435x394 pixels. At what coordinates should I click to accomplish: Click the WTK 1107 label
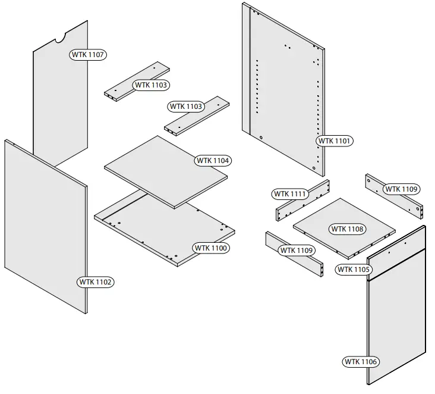pyautogui.click(x=88, y=55)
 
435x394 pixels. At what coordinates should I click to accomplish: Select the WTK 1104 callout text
pyautogui.click(x=213, y=160)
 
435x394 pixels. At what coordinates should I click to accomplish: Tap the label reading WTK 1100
pyautogui.click(x=210, y=248)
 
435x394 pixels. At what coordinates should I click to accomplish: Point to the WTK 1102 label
pyautogui.click(x=95, y=281)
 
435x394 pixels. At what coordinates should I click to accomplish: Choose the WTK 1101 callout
pyautogui.click(x=335, y=141)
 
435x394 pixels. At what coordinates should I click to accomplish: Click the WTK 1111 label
pyautogui.click(x=290, y=194)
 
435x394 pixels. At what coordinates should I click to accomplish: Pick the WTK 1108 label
pyautogui.click(x=348, y=229)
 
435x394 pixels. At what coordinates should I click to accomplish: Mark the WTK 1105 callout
pyautogui.click(x=354, y=270)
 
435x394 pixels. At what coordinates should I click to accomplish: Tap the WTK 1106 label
pyautogui.click(x=361, y=361)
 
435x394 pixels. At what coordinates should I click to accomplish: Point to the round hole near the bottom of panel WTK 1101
pyautogui.click(x=261, y=137)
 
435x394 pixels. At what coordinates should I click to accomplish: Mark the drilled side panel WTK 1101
pyautogui.click(x=285, y=89)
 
